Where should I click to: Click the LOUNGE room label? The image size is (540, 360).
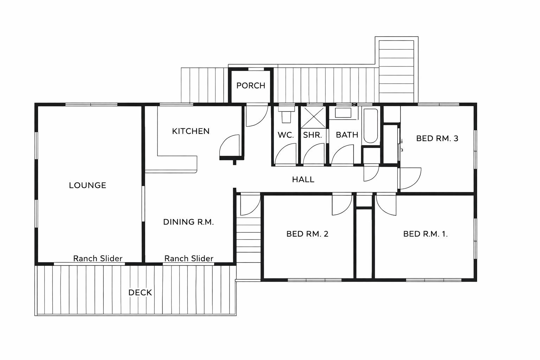point(88,185)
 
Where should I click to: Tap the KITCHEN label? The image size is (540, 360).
point(191,131)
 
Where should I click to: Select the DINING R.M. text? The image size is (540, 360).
point(188,222)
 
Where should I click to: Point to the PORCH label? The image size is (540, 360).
point(251,85)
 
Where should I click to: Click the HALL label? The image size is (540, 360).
point(303,179)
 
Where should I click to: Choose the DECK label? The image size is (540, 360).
point(140,292)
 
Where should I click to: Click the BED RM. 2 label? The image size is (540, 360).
point(307,234)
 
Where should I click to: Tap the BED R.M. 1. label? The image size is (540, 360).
point(425,234)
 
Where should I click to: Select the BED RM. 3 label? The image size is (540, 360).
point(437,139)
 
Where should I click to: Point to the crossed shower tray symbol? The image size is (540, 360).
point(313,117)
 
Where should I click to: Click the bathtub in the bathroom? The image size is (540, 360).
point(371,126)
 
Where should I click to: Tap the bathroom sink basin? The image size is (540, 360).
point(343,113)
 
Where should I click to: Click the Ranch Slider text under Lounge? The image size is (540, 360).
point(98,258)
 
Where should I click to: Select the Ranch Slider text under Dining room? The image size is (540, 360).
point(189,258)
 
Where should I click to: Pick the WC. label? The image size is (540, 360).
point(286,135)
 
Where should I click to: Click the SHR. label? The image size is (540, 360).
point(313,135)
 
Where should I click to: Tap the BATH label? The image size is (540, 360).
point(347,135)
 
